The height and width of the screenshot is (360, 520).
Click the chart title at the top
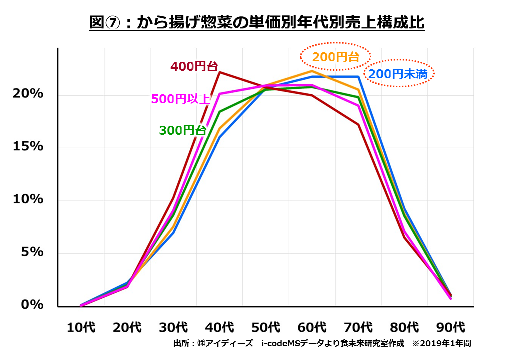click(x=257, y=23)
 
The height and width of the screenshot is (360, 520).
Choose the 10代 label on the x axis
click(x=81, y=328)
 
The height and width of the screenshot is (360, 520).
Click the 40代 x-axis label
click(x=220, y=328)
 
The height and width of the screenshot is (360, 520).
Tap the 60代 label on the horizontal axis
click(x=312, y=328)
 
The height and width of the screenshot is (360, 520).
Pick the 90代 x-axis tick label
click(x=451, y=328)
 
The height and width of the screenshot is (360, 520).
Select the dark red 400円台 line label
click(x=194, y=66)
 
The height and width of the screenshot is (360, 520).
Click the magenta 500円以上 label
click(x=180, y=99)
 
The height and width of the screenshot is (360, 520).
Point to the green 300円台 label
click(x=182, y=130)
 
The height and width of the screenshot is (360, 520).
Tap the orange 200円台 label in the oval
click(x=335, y=57)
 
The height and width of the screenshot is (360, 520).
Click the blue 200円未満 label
click(x=398, y=74)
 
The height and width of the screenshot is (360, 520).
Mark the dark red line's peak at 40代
click(x=220, y=72)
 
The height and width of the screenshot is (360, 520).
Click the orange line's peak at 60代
click(x=312, y=71)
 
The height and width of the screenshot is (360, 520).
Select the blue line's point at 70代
click(x=358, y=77)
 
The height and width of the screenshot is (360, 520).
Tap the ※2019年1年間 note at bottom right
click(x=441, y=344)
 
